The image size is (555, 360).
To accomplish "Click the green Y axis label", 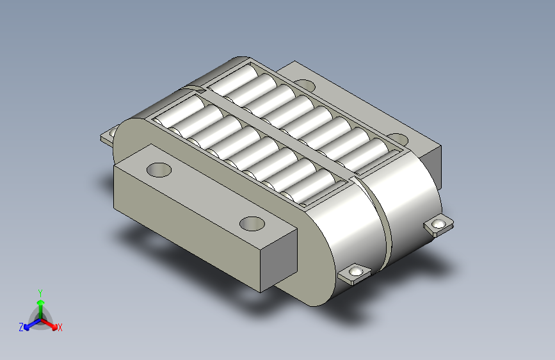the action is coord(40,293).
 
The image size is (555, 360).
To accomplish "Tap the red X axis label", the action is coord(60,328).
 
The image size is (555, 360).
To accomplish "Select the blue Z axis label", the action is coord(21,327).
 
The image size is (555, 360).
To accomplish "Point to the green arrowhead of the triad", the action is coord(41,302).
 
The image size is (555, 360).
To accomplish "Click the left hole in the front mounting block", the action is coord(159,170).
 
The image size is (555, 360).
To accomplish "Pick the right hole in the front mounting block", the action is coord(252,224).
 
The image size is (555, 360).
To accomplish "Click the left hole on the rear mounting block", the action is coord(305,86).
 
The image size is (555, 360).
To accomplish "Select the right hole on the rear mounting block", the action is coord(397,139).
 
